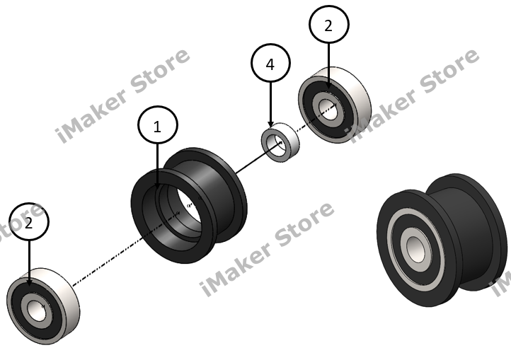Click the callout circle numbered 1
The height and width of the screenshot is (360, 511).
[x=157, y=127]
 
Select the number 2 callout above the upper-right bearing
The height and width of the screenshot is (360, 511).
[x=329, y=26]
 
